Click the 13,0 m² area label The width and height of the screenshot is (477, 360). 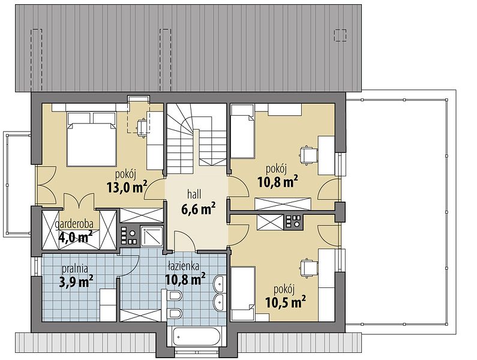(x=127, y=187)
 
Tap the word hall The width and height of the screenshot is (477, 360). (x=194, y=194)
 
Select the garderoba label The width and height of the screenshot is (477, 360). (x=74, y=224)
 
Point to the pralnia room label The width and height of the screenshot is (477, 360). (x=75, y=269)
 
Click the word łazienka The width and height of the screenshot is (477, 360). (x=184, y=266)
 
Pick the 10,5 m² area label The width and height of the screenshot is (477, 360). (x=286, y=302)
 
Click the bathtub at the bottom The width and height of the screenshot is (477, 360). (x=197, y=336)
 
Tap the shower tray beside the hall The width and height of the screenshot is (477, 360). (x=151, y=236)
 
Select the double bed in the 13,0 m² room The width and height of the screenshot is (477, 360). (x=92, y=139)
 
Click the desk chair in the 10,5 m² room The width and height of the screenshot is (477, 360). (x=308, y=268)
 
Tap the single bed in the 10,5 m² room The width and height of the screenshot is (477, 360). (x=243, y=293)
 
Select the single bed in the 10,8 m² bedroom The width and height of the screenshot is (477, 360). (x=242, y=131)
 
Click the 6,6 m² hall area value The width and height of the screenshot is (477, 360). (x=199, y=209)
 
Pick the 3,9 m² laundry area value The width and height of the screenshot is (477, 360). (x=76, y=281)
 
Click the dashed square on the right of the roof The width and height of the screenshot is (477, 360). (x=340, y=35)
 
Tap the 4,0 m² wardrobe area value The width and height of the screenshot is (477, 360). (x=74, y=236)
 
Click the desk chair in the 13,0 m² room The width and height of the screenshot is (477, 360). (x=142, y=127)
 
